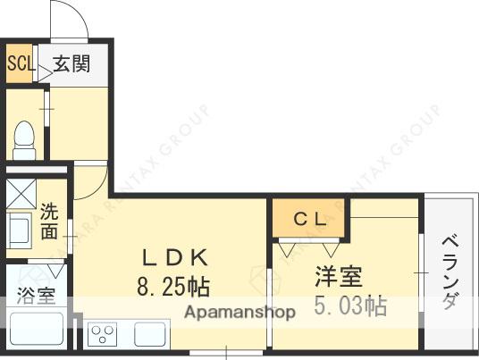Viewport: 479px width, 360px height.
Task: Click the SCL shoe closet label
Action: point(19,63)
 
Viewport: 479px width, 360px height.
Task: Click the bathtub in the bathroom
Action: point(36,331)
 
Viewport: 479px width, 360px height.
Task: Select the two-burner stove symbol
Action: point(102,335)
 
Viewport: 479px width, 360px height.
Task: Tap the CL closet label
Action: point(312,218)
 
